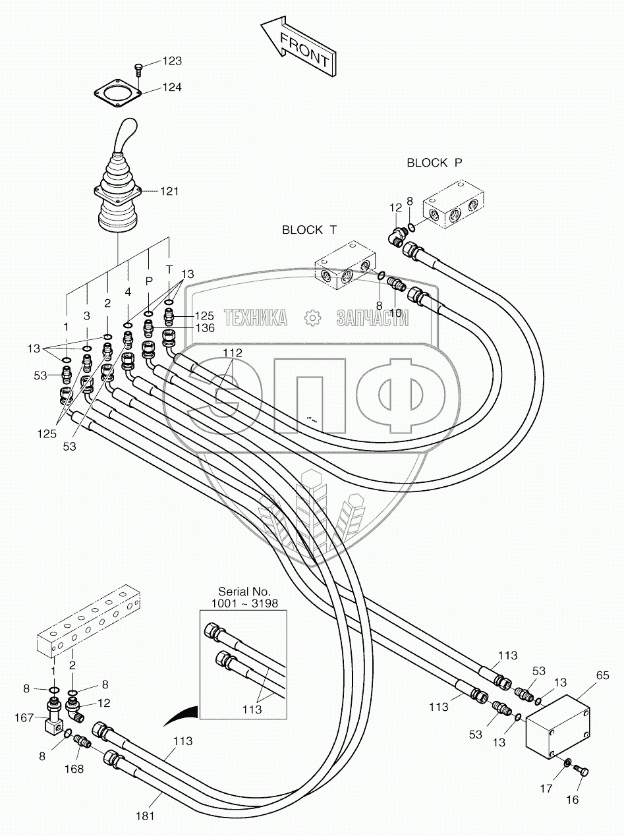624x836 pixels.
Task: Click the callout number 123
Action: (x=172, y=61)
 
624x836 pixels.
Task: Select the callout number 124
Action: (x=172, y=87)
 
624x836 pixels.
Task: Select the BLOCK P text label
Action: (x=436, y=163)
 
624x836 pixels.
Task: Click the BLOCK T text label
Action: (x=309, y=230)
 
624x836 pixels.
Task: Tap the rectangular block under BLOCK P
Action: (x=454, y=206)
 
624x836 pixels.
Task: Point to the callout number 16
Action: (x=572, y=799)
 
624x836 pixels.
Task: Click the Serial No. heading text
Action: (x=244, y=592)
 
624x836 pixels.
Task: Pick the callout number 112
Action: (x=232, y=353)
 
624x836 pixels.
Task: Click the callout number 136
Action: (x=204, y=327)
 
